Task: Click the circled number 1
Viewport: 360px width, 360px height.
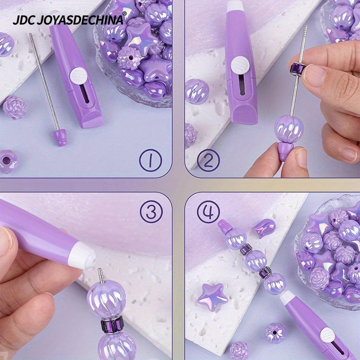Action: pos(149,160)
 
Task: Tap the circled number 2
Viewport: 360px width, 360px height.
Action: pos(208,160)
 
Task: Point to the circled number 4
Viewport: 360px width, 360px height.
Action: pos(208,211)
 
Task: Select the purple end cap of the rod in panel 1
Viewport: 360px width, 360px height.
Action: pos(59,136)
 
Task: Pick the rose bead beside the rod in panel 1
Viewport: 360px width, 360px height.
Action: pos(15,107)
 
